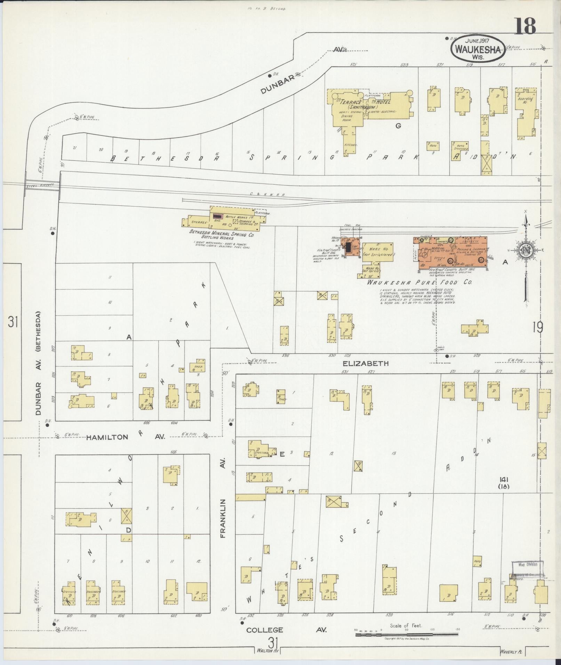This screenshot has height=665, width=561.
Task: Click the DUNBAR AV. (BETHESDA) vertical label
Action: point(38,363)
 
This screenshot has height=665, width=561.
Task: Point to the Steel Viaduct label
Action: point(41,186)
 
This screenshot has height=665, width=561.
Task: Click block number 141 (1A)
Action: point(503,482)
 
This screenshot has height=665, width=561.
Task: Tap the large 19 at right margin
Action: point(537,327)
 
